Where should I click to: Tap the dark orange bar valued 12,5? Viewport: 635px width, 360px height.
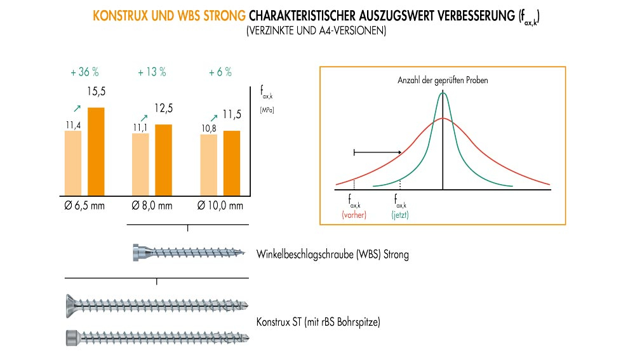(x=163, y=159)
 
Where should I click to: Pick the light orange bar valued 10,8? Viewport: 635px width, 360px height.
(x=208, y=164)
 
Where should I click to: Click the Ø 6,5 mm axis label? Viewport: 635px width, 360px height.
(x=85, y=206)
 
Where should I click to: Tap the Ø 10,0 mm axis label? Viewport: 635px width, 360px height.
(x=220, y=206)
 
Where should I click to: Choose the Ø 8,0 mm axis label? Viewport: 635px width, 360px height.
(x=152, y=206)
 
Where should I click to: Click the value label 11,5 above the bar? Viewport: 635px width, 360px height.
(x=232, y=115)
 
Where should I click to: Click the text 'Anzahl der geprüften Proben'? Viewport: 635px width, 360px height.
(x=443, y=81)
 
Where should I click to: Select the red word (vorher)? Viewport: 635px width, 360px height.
(x=354, y=215)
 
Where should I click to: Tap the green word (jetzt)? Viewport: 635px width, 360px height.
(x=400, y=215)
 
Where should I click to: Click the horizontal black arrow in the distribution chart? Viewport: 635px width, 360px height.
(x=377, y=152)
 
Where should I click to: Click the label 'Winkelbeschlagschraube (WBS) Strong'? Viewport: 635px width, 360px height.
(x=333, y=255)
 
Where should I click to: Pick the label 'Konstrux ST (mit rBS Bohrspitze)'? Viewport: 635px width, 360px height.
(x=318, y=322)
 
